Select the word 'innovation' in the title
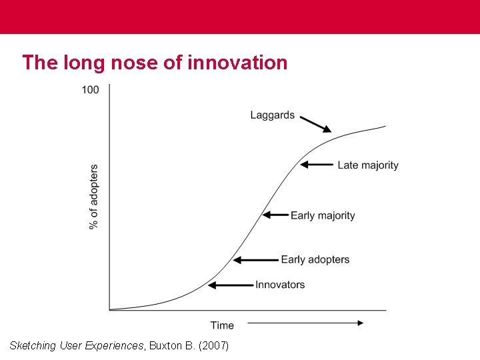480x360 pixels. [238, 63]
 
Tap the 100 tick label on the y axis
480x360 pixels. [91, 90]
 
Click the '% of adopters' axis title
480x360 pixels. [94, 197]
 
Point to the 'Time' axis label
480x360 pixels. [222, 325]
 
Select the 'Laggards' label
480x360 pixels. [272, 115]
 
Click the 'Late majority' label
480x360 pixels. [367, 165]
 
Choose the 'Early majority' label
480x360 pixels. [323, 215]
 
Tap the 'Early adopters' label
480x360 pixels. [315, 259]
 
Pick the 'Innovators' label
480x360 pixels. [280, 285]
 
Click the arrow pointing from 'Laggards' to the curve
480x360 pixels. [315, 124]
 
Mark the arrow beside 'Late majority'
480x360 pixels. [317, 165]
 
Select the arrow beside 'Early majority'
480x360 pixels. [275, 215]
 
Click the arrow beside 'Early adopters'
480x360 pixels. [256, 260]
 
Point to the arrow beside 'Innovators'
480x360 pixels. [231, 285]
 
